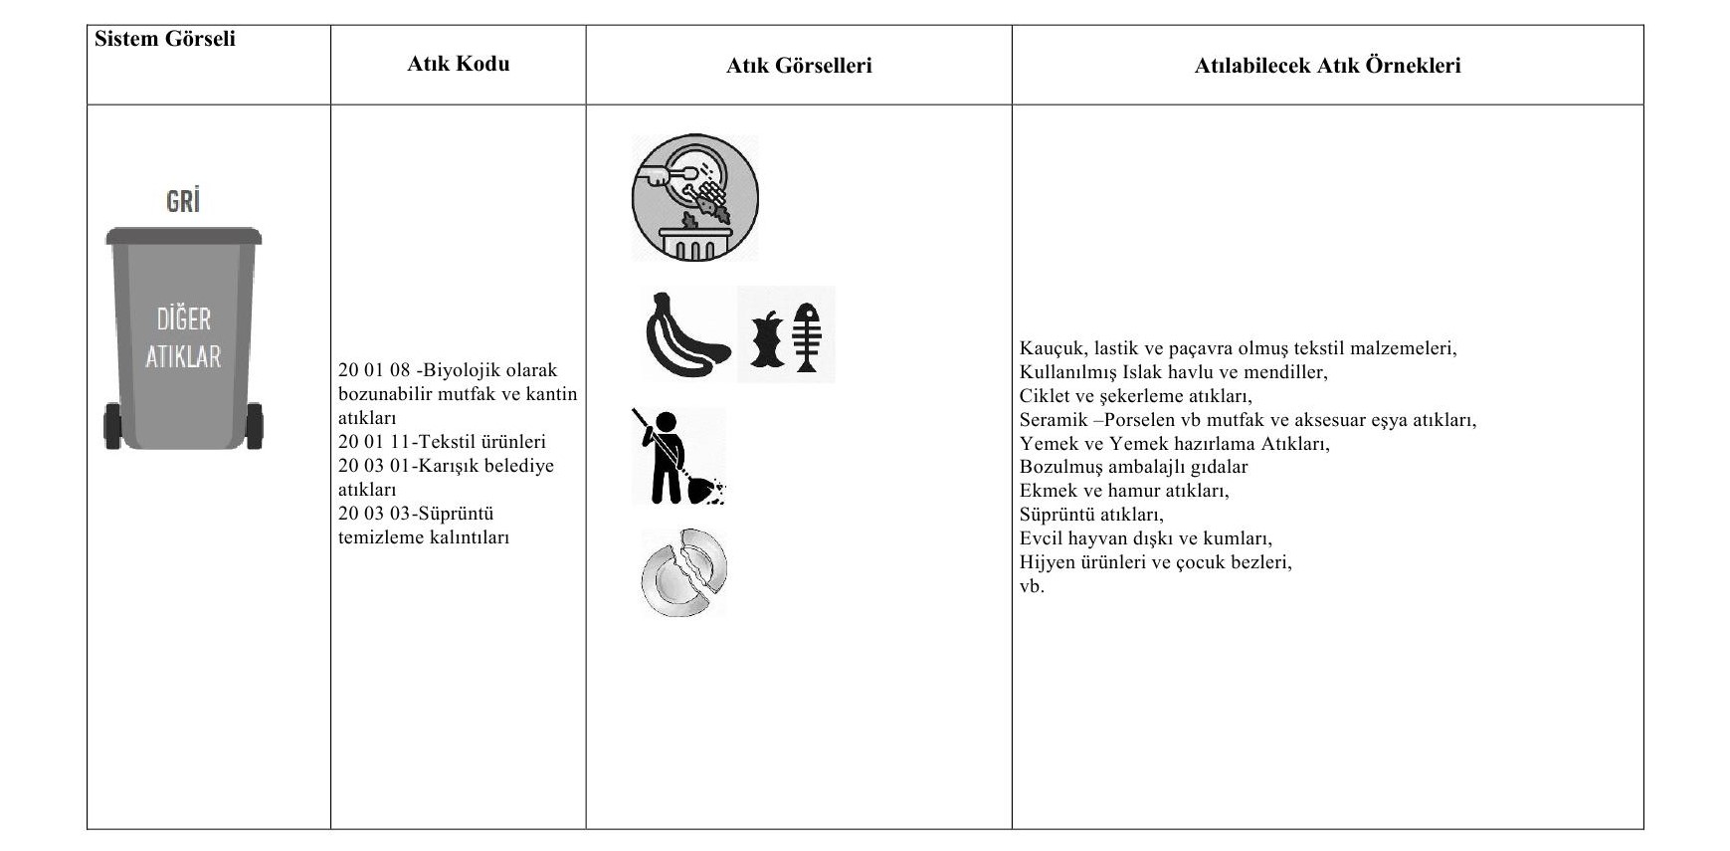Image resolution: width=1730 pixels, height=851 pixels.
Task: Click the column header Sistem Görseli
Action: tap(165, 39)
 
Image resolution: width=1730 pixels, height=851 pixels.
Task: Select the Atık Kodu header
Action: tap(458, 64)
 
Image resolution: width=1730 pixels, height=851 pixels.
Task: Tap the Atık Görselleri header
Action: tap(799, 66)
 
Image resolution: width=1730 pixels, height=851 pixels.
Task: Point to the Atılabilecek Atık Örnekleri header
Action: tap(1327, 66)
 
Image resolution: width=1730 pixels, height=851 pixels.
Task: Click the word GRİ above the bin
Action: tap(183, 201)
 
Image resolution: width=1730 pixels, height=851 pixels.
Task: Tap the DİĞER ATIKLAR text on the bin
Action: tap(183, 337)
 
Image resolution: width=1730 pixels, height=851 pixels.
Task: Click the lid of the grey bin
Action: tap(184, 237)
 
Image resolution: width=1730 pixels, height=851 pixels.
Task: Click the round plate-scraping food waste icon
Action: tap(694, 198)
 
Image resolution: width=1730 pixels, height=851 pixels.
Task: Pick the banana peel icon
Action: tap(686, 335)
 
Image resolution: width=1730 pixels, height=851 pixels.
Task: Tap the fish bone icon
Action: tap(808, 336)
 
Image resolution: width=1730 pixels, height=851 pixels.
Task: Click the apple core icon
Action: tap(767, 338)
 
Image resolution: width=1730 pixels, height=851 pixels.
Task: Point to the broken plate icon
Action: tap(684, 572)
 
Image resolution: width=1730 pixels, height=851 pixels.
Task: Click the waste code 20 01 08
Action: tap(374, 370)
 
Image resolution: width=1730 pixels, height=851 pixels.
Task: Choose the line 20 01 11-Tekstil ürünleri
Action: tap(442, 442)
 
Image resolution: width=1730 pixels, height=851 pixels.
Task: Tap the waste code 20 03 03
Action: tap(374, 514)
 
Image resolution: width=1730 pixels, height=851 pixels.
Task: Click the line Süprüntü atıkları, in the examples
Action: tap(1091, 515)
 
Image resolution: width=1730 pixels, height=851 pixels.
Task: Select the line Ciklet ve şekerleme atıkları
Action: tap(1135, 395)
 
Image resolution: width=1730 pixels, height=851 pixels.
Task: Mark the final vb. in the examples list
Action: tap(1032, 586)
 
